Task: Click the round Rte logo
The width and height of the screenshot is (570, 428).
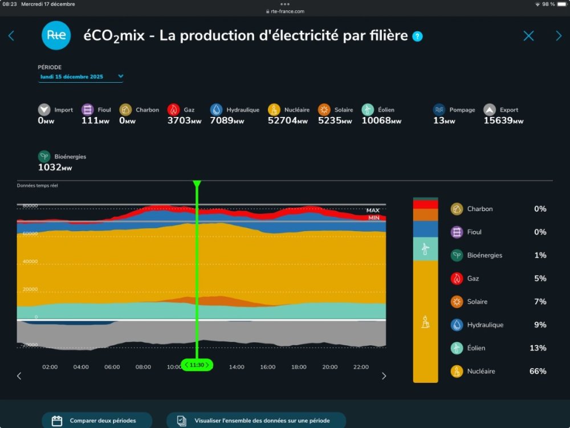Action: tap(56, 35)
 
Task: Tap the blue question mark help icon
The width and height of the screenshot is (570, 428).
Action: tap(418, 37)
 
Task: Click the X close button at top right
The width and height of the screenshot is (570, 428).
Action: tap(528, 36)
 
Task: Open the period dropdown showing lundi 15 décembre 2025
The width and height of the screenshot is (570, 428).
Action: tap(81, 76)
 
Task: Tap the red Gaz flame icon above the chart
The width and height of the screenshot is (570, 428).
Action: tap(173, 110)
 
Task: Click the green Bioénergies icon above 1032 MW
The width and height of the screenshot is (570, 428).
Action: tap(44, 156)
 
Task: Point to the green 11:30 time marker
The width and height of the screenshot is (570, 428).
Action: tap(197, 365)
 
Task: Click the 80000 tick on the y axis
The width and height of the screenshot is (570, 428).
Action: tap(30, 206)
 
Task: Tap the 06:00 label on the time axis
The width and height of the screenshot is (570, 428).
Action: tap(112, 367)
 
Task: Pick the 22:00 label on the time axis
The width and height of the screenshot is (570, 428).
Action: tap(361, 367)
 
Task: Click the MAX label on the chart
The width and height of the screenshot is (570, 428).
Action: tap(373, 211)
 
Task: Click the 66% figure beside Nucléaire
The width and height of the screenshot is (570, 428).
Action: tap(538, 372)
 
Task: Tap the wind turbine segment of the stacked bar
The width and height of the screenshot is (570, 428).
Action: tap(425, 249)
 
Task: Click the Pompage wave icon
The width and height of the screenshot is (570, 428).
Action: tap(438, 110)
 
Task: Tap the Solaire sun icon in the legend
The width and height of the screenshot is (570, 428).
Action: tap(457, 301)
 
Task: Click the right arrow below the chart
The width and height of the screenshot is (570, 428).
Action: tap(384, 375)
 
